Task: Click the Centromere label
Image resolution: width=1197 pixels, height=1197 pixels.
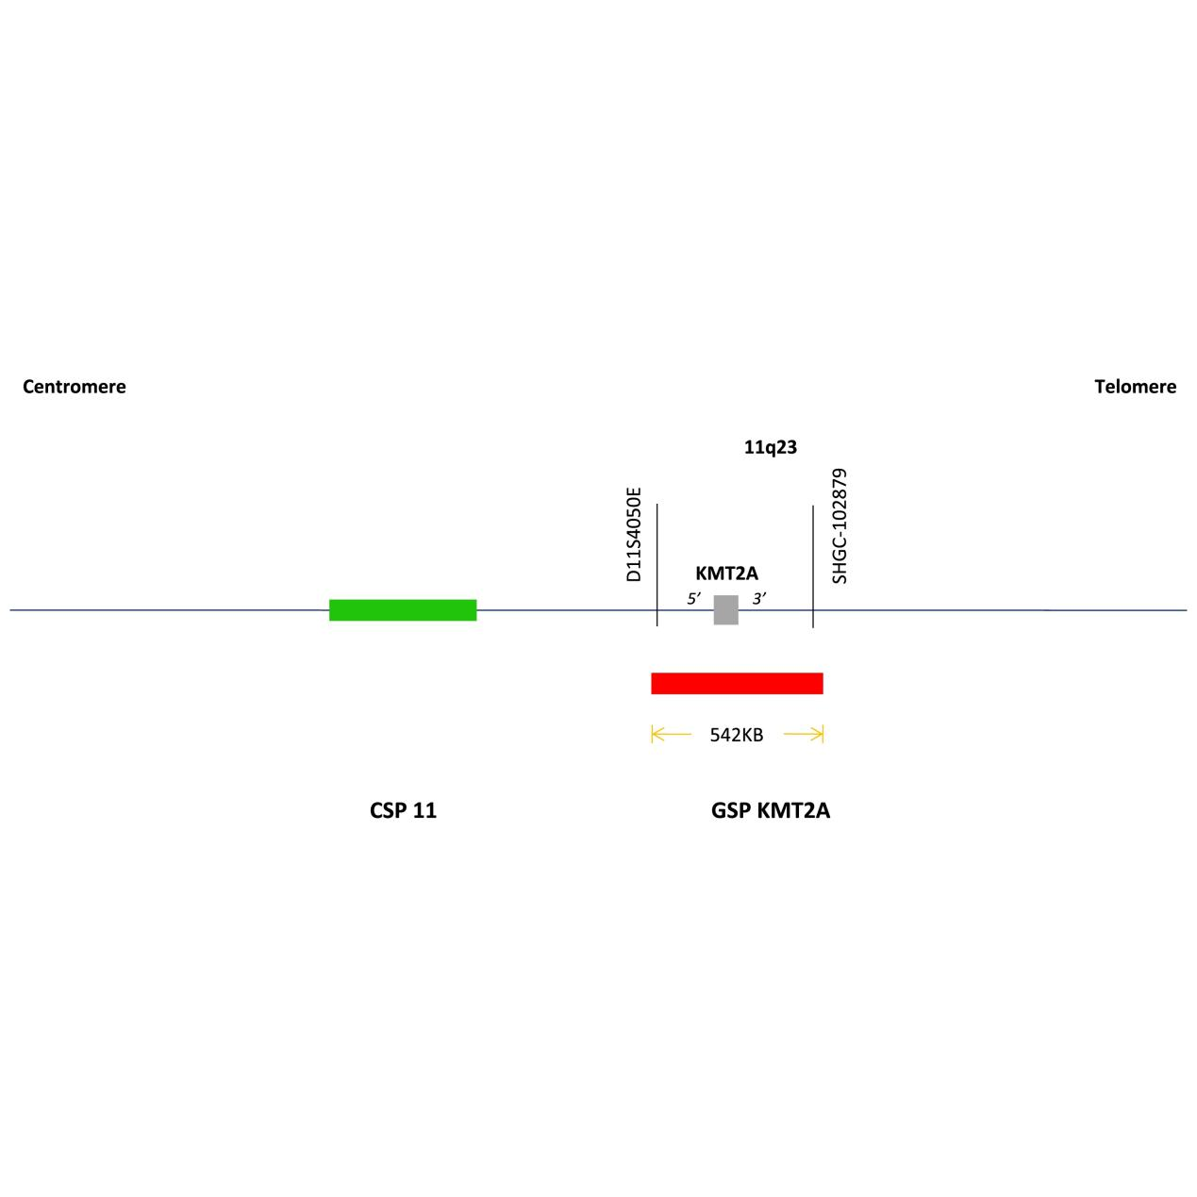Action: tap(75, 387)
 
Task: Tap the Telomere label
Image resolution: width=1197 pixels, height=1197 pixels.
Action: tap(1135, 387)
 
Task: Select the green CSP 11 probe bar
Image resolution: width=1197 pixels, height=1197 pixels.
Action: tap(403, 609)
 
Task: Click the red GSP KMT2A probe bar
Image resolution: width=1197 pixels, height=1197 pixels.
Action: tap(737, 683)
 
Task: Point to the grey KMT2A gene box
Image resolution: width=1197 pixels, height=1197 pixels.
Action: tap(725, 609)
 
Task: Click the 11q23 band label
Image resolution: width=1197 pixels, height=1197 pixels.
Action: tap(771, 447)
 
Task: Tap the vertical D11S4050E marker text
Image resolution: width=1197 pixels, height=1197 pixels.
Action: tap(633, 534)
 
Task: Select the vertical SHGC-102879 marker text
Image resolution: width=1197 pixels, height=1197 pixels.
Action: tap(840, 526)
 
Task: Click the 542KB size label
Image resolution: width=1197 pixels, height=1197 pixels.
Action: tap(737, 735)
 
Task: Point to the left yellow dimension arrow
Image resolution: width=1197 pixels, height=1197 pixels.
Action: tap(671, 734)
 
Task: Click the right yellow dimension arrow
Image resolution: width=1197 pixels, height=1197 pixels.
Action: tap(803, 734)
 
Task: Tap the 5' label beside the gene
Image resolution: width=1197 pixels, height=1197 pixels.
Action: tap(694, 598)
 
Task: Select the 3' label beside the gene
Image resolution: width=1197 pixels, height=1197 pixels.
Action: tap(759, 598)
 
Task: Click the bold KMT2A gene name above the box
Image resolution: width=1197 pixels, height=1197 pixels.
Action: tap(726, 573)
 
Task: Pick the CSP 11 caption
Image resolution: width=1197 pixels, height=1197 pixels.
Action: tap(403, 810)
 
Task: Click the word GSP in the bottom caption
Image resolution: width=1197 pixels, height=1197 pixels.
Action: tap(731, 810)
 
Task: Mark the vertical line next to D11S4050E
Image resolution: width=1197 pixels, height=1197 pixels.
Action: tap(657, 565)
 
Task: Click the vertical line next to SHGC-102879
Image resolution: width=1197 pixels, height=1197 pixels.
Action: tap(813, 567)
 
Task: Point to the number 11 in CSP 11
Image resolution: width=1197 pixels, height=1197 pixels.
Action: tap(424, 810)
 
